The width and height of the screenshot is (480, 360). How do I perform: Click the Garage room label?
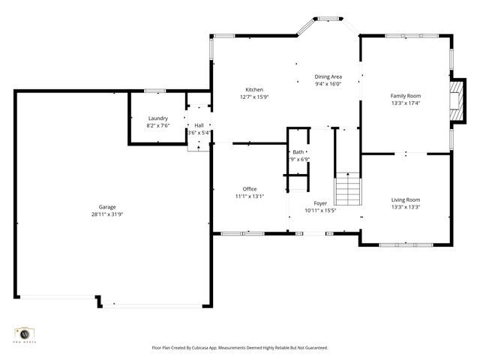click(x=107, y=207)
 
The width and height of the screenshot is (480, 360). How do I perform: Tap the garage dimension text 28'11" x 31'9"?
click(x=107, y=214)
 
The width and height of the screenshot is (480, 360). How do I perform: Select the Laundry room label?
click(x=157, y=118)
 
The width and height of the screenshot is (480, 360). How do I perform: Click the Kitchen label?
click(x=254, y=90)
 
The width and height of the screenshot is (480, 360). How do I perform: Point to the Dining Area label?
click(x=328, y=77)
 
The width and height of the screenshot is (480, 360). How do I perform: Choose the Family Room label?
click(x=405, y=96)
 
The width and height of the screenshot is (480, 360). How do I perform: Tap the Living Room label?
click(x=405, y=199)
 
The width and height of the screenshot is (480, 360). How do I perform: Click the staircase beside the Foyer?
click(x=347, y=188)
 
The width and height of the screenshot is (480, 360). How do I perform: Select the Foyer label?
click(x=320, y=203)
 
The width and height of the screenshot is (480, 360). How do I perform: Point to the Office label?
click(x=250, y=189)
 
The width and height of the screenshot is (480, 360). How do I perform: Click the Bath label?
click(x=298, y=152)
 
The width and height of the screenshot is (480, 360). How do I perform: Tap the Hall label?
click(x=199, y=125)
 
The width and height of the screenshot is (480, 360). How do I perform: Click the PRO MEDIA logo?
click(x=25, y=334)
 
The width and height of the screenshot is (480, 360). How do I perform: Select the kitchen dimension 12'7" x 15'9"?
click(x=254, y=97)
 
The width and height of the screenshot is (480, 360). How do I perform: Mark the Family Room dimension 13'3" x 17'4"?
click(x=405, y=103)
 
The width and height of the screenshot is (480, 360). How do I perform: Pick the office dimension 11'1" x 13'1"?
click(x=250, y=196)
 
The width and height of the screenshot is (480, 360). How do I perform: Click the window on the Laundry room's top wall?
click(x=155, y=91)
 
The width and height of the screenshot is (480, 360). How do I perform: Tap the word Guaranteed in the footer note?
click(x=314, y=348)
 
